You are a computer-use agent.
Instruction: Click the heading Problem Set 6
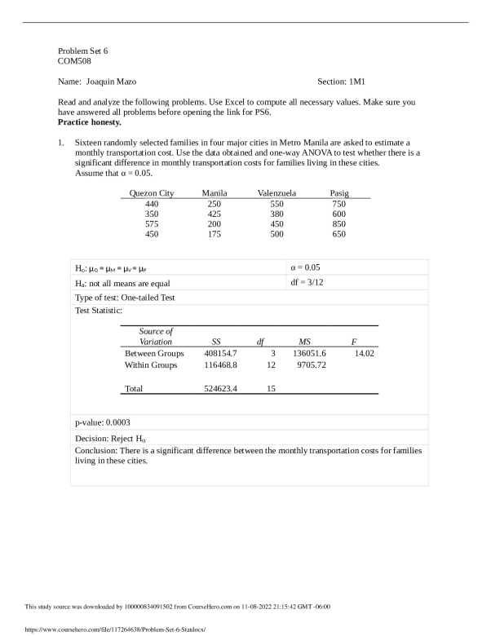[x=83, y=51]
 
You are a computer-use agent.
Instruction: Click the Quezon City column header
[x=152, y=192]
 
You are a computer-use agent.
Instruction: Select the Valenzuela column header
[x=276, y=192]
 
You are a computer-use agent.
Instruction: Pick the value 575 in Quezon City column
[x=152, y=223]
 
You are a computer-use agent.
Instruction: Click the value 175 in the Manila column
[x=214, y=234]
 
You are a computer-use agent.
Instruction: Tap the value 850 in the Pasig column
[x=338, y=223]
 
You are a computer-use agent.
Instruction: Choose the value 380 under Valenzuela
[x=276, y=213]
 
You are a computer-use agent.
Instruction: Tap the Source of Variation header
[x=156, y=337]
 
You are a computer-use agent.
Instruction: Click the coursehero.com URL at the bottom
[x=104, y=629]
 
